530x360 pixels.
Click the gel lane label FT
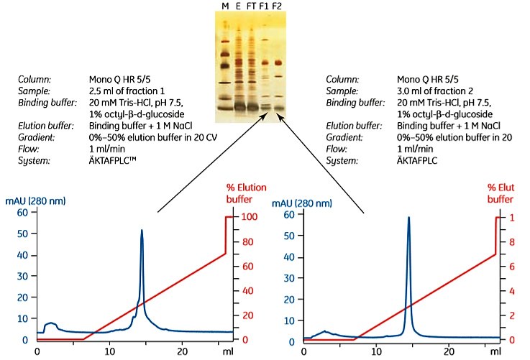(x=251, y=6)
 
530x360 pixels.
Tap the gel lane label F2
(x=278, y=6)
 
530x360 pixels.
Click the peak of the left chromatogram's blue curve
(x=142, y=231)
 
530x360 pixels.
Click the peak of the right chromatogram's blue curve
(x=408, y=218)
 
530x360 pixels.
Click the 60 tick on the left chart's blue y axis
(x=22, y=213)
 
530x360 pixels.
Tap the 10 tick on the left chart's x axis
(x=109, y=352)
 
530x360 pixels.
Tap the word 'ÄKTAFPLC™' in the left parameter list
(x=114, y=161)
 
